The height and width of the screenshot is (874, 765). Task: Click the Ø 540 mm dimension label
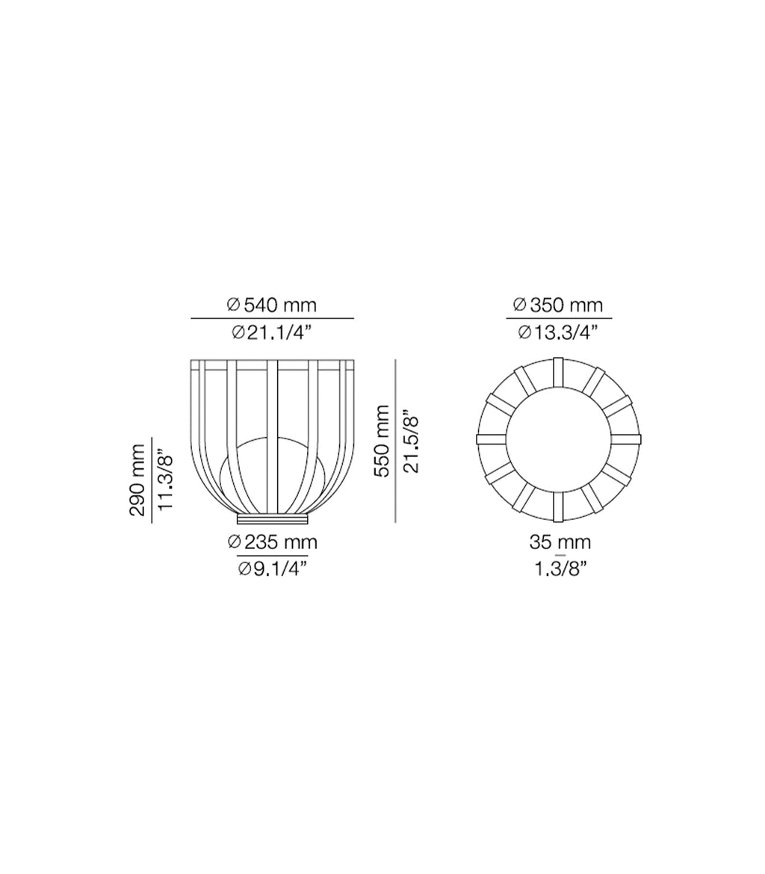click(272, 305)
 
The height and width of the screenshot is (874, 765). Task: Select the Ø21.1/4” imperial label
click(272, 332)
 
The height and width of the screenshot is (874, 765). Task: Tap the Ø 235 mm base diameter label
click(272, 542)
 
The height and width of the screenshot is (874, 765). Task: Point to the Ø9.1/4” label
click(272, 568)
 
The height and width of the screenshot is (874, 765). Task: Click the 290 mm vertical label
click(137, 480)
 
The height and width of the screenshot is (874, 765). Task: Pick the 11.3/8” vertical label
click(166, 480)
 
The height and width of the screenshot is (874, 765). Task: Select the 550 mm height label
click(382, 441)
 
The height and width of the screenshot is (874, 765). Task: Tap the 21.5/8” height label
click(411, 441)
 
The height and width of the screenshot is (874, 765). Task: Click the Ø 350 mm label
click(558, 305)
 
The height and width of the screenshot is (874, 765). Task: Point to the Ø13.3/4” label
click(558, 332)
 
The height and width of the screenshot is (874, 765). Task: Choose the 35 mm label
click(560, 542)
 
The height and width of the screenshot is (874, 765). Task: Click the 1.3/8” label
click(560, 568)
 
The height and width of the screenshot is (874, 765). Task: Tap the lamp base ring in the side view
click(272, 518)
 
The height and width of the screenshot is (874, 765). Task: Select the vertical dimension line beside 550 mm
click(395, 441)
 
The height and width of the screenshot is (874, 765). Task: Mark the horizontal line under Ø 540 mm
click(272, 319)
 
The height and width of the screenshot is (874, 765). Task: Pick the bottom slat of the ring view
click(558, 506)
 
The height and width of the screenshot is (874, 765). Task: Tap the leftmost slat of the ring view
click(491, 439)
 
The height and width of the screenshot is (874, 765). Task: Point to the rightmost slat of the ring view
click(626, 439)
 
